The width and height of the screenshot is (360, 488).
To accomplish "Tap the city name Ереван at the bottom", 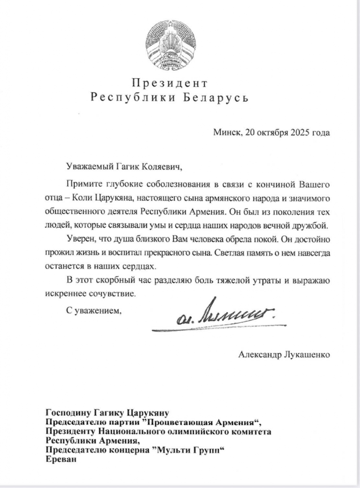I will [60, 460].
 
